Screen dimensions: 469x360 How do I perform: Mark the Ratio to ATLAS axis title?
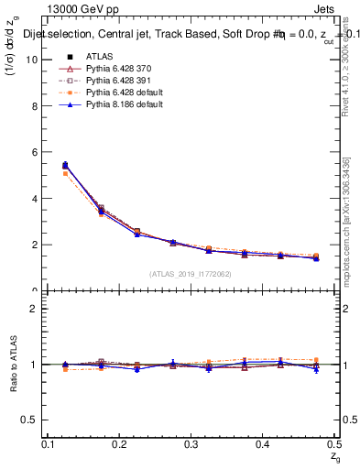(x=14, y=365)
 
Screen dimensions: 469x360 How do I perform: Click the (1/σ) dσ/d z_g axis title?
(x=14, y=46)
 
